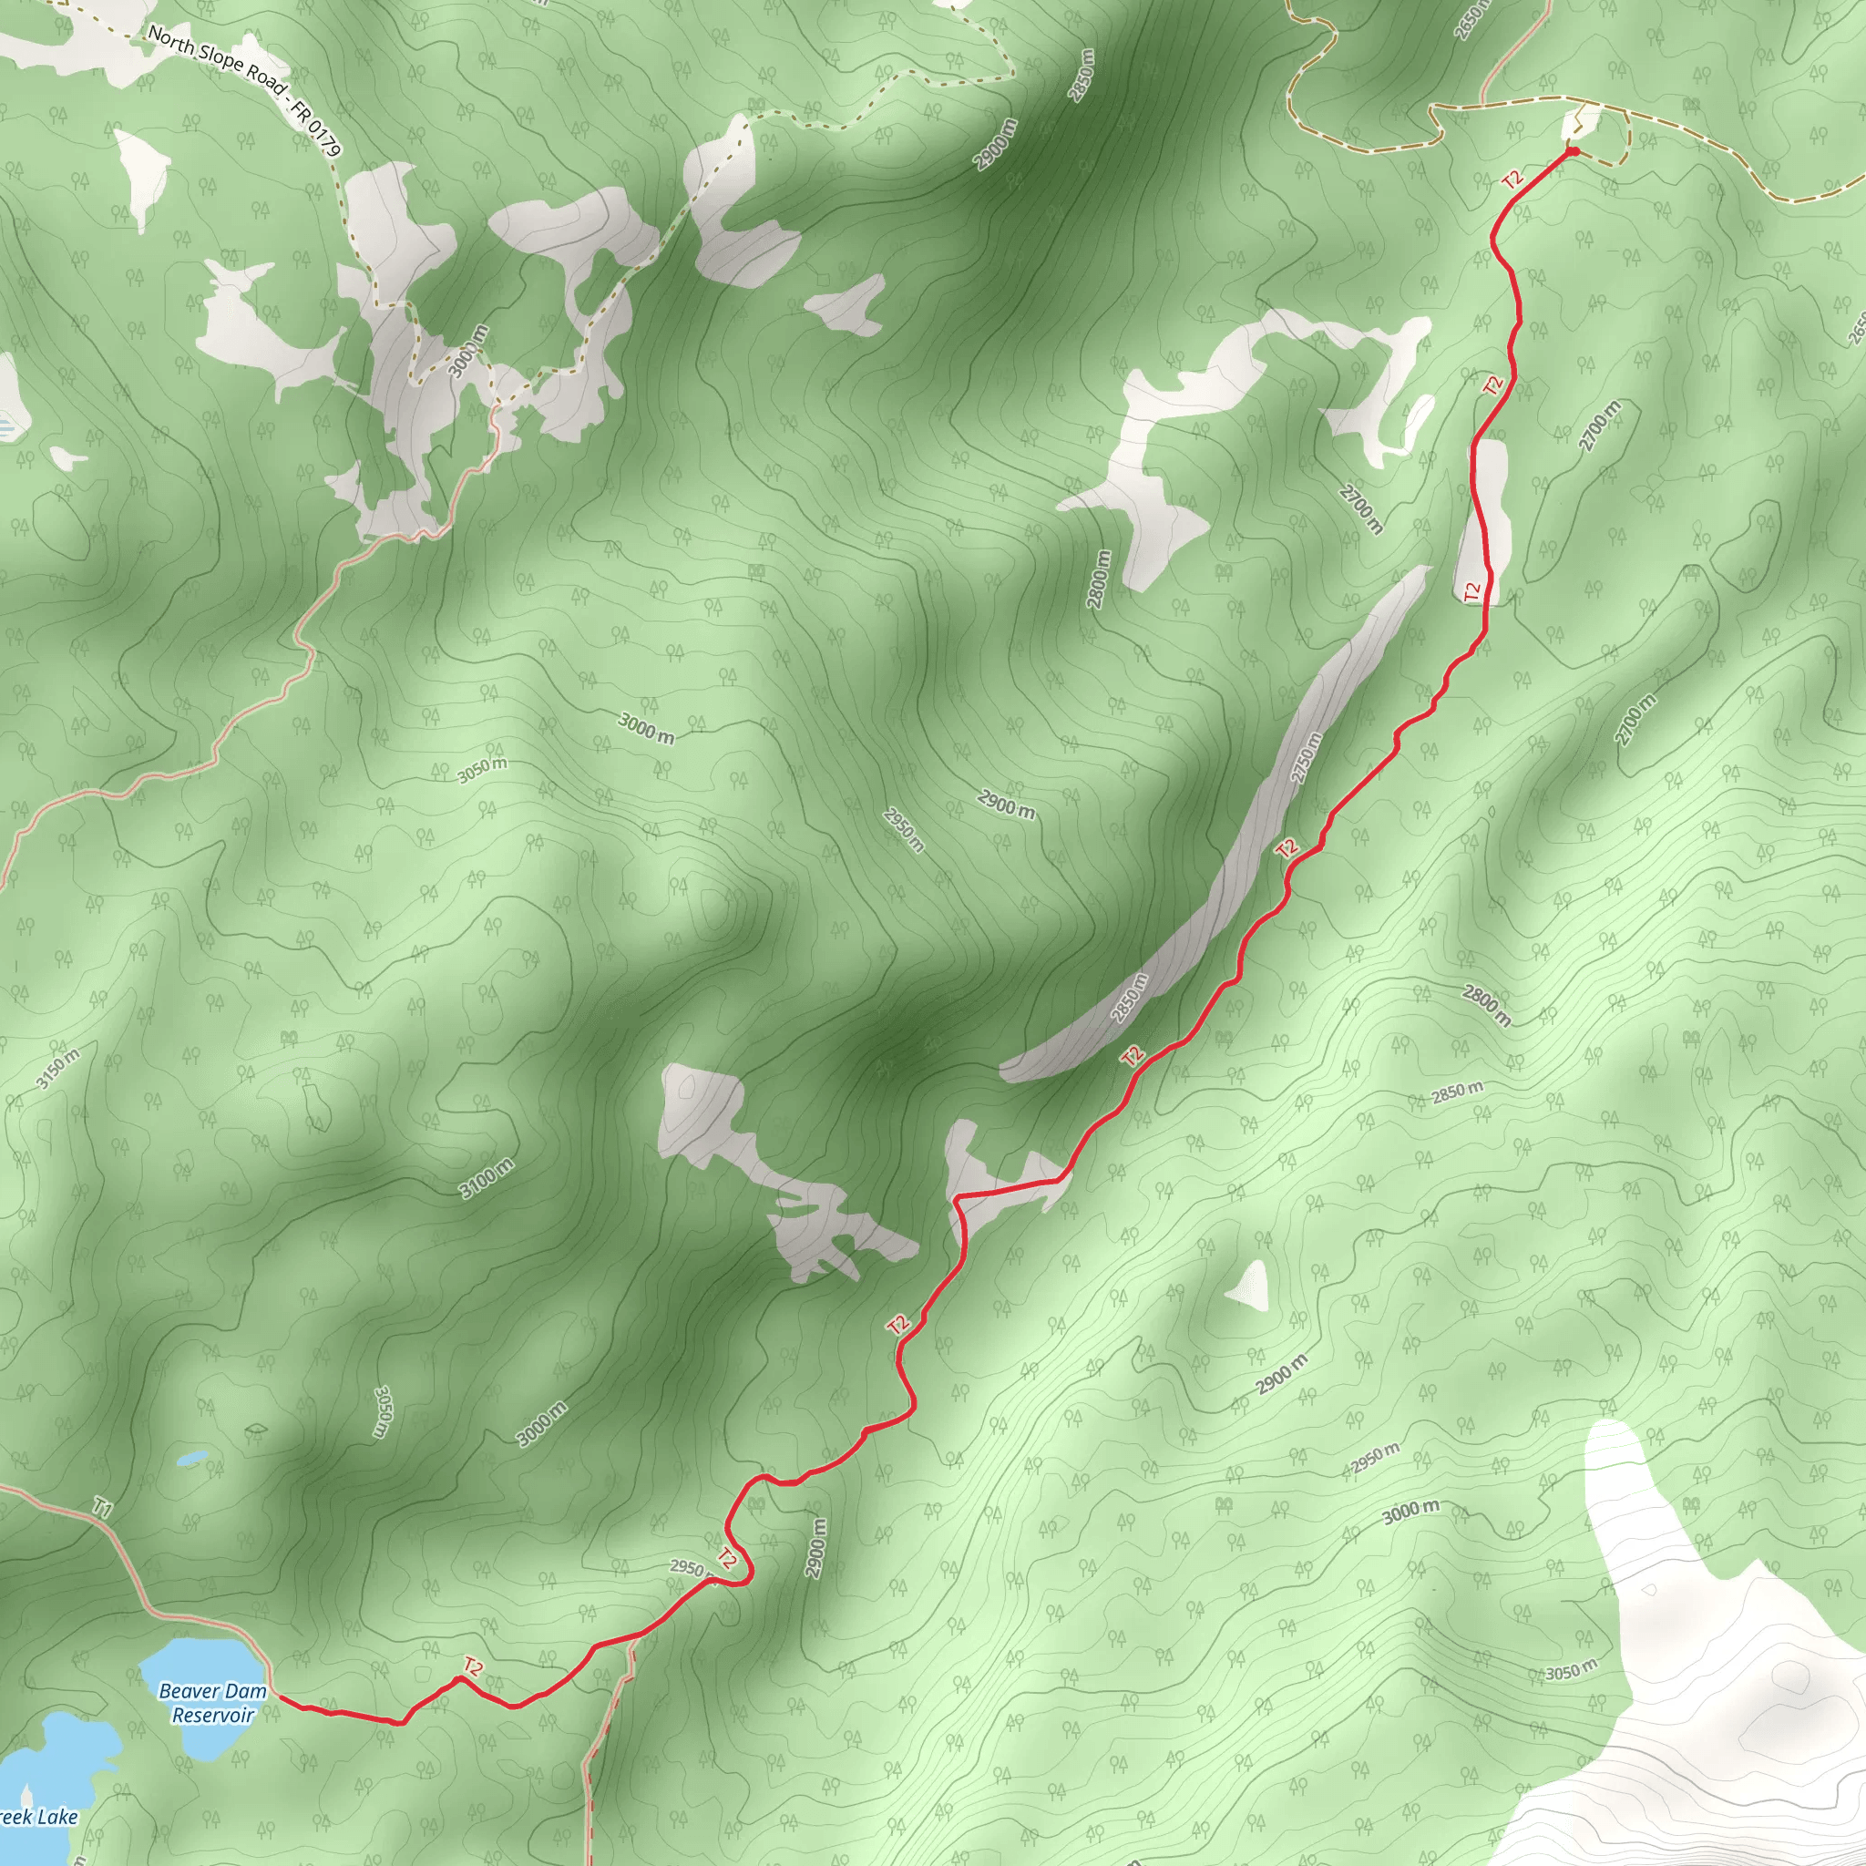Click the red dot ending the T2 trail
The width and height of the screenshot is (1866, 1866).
coord(1572,151)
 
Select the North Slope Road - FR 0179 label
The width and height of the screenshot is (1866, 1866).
coord(245,91)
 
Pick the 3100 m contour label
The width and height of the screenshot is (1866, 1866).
coord(486,1179)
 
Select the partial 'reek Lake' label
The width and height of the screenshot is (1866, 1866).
coord(38,1818)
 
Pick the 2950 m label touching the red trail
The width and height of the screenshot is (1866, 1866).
coord(688,1570)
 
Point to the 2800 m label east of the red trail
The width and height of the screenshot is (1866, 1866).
coord(1485,1004)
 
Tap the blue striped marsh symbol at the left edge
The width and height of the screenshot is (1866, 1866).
coord(5,425)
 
